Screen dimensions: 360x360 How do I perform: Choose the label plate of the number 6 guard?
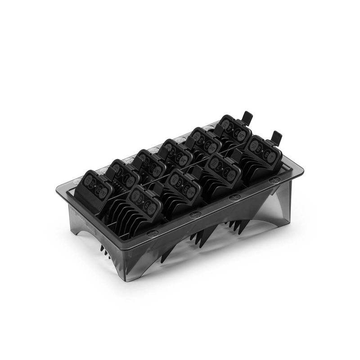click(x=182, y=184)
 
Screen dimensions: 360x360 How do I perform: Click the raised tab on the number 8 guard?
click(x=276, y=136)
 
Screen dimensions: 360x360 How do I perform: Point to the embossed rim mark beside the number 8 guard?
click(x=274, y=180)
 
